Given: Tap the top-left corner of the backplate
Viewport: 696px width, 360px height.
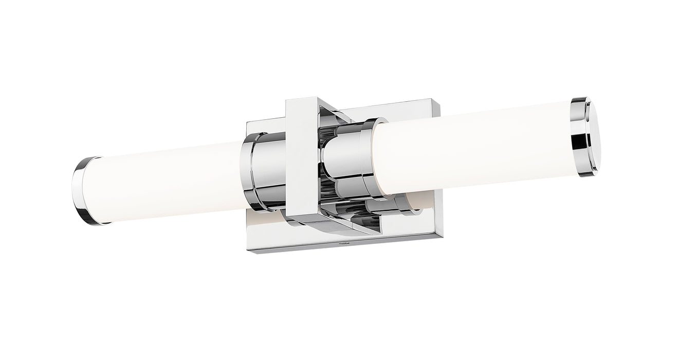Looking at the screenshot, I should pyautogui.click(x=248, y=122).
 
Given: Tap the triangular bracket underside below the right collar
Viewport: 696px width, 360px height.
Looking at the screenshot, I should pyautogui.click(x=360, y=221).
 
